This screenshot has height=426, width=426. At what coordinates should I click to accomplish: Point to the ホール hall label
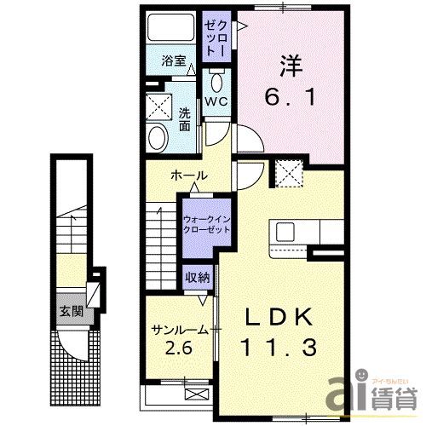point(188,175)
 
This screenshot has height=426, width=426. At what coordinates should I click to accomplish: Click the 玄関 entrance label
point(71,310)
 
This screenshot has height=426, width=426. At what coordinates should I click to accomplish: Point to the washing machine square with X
point(158,107)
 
